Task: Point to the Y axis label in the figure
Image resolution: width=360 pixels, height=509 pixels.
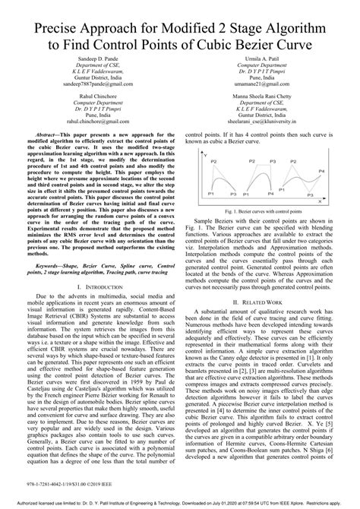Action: click(x=206, y=154)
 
